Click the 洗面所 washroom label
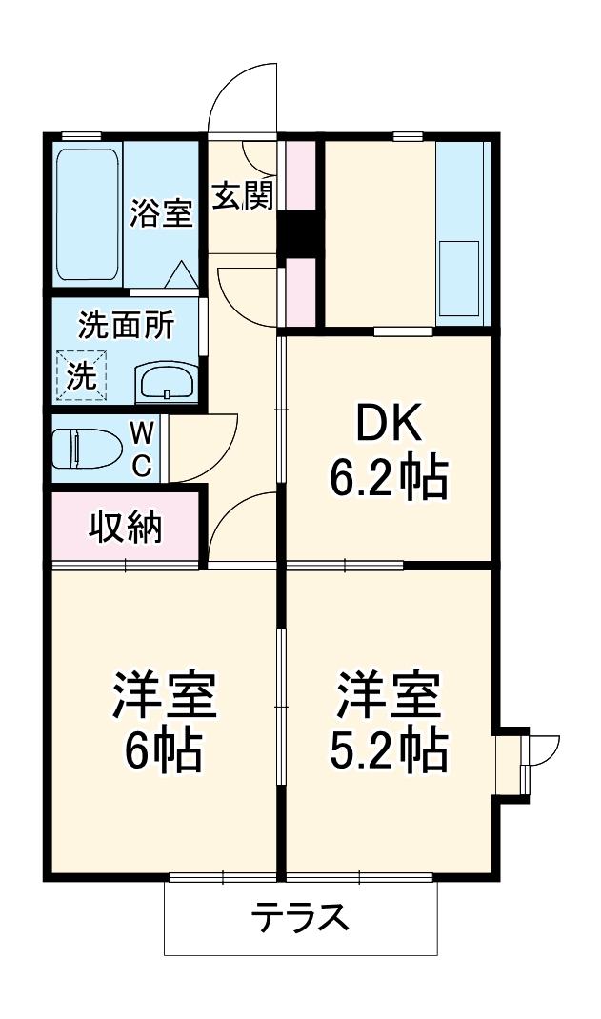126,326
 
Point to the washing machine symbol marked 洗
81,375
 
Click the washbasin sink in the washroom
168,383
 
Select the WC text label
140,449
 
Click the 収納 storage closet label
126,527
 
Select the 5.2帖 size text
389,751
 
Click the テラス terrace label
300,919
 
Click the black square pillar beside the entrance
299,234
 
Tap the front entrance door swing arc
243,95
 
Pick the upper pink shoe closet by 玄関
300,175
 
